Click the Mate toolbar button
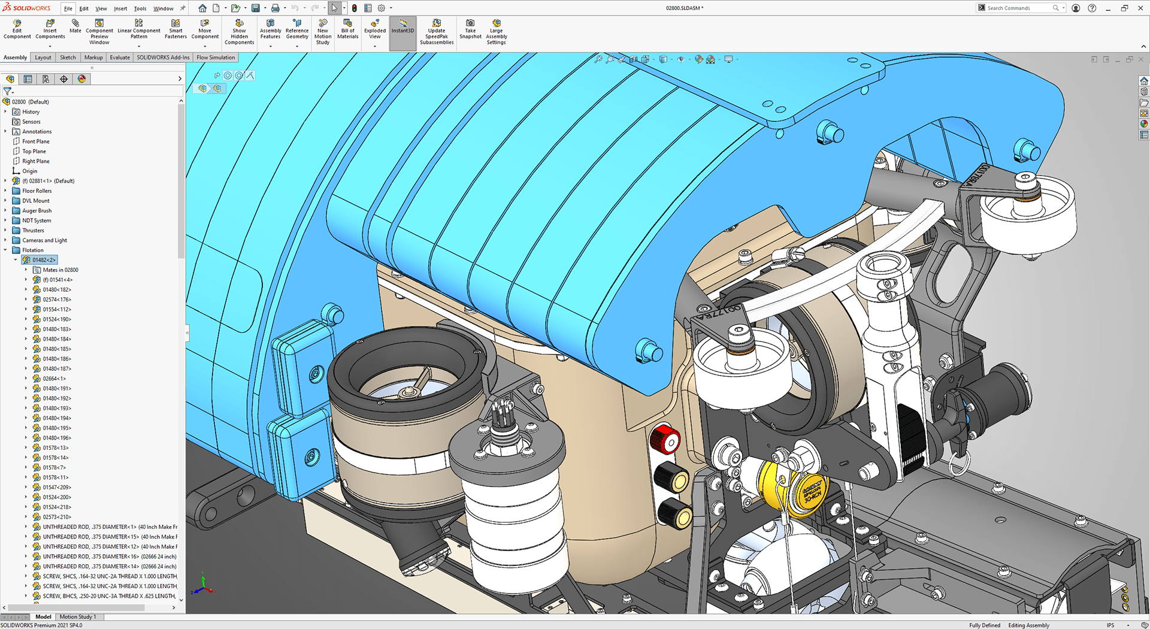pos(75,26)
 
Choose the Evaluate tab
pos(120,58)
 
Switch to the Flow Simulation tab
pos(216,58)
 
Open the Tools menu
pos(140,8)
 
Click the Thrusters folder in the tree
pos(33,231)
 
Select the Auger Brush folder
pos(37,211)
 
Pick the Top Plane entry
pos(34,152)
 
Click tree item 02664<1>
pos(54,379)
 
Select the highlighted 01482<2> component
pos(44,260)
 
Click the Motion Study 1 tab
pos(77,616)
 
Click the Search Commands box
pos(1018,8)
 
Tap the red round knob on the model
pos(665,440)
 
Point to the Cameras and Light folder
pos(44,240)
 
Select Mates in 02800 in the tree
pos(60,270)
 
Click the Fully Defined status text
pos(985,625)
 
